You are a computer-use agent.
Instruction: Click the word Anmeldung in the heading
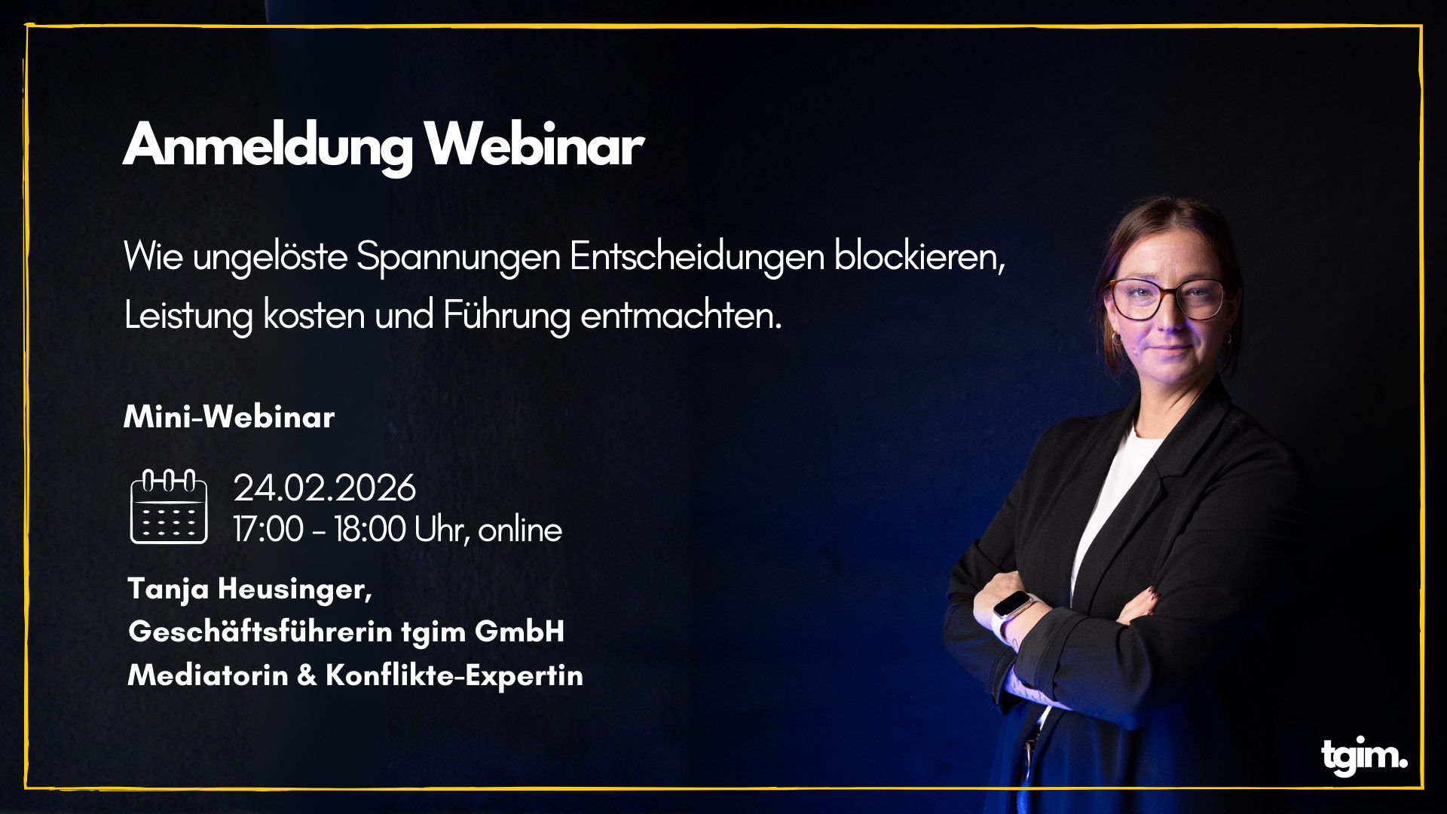pyautogui.click(x=268, y=145)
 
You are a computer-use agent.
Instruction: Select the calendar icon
pyautogui.click(x=168, y=506)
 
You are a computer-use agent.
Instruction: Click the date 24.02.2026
pyautogui.click(x=324, y=488)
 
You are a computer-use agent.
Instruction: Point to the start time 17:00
pyautogui.click(x=268, y=529)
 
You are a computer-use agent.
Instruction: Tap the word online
pyautogui.click(x=520, y=530)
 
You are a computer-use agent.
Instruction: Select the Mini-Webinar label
pyautogui.click(x=229, y=417)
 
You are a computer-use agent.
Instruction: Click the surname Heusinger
pyautogui.click(x=295, y=589)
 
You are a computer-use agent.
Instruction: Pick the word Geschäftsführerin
pyautogui.click(x=260, y=632)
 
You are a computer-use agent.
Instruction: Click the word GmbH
pyautogui.click(x=519, y=632)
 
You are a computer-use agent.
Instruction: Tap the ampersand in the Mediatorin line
pyautogui.click(x=307, y=675)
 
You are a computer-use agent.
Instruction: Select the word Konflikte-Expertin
pyautogui.click(x=454, y=675)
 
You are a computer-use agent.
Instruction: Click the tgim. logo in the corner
pyautogui.click(x=1363, y=755)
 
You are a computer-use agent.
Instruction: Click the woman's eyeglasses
pyautogui.click(x=1166, y=298)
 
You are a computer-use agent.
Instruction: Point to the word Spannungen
pyautogui.click(x=458, y=257)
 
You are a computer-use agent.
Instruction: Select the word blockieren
pyautogui.click(x=919, y=257)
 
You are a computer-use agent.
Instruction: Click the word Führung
pyautogui.click(x=506, y=315)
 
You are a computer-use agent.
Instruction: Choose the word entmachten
pyautogui.click(x=681, y=315)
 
